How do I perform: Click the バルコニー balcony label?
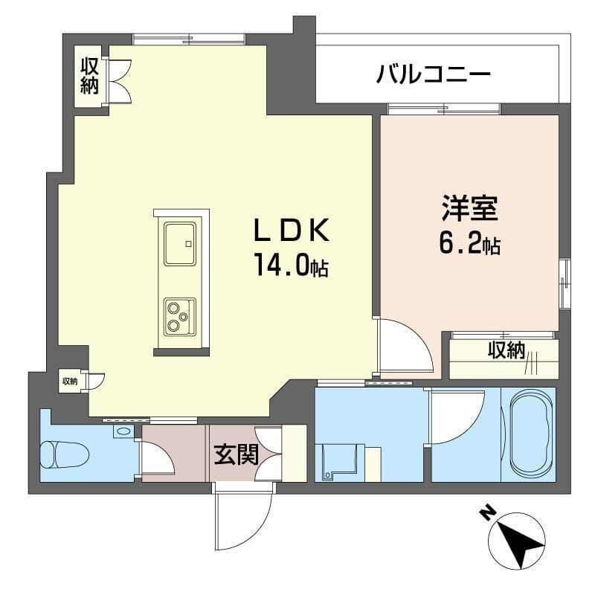click(434, 74)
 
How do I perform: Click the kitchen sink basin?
click(180, 243)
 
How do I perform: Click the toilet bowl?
click(63, 454)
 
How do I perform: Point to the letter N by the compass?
click(488, 512)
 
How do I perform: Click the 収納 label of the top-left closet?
click(90, 76)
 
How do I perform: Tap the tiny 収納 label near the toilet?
click(69, 382)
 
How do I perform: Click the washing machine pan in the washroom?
click(338, 462)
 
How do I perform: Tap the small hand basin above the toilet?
click(123, 431)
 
